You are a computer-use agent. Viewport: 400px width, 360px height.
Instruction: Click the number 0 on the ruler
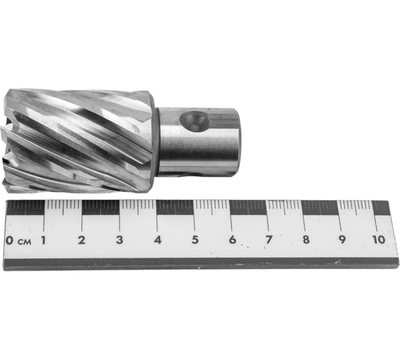(x=9, y=240)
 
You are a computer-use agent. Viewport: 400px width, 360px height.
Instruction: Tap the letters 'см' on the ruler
(x=24, y=242)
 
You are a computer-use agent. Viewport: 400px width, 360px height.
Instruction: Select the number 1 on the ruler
(x=43, y=240)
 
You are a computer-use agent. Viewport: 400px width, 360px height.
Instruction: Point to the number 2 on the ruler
(x=81, y=240)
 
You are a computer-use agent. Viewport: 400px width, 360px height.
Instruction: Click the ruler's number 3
(x=119, y=240)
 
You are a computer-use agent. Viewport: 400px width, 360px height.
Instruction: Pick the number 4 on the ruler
(x=158, y=240)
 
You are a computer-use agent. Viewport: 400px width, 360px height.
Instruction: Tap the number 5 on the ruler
(x=195, y=239)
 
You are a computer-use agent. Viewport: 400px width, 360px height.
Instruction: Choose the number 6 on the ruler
(x=232, y=239)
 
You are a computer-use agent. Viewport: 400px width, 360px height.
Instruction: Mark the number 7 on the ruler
(x=269, y=239)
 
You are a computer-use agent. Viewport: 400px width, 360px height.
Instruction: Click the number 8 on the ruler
(x=306, y=239)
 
